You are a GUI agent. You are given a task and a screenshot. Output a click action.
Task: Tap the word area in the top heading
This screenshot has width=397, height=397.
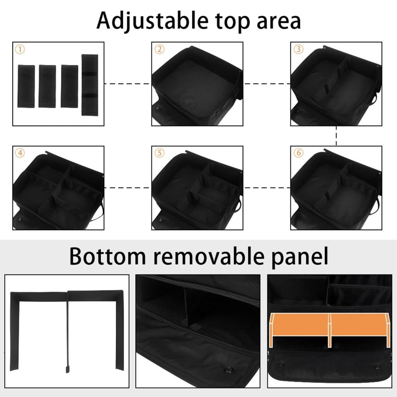(x=279, y=22)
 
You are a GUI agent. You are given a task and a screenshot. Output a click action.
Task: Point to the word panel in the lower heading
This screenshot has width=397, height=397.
(x=300, y=257)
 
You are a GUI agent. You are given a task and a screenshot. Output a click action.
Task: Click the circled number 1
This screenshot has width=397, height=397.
(x=20, y=49)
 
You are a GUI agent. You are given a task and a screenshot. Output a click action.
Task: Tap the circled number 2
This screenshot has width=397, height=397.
(x=159, y=49)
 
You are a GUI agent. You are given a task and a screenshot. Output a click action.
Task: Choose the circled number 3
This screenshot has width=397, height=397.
(x=298, y=49)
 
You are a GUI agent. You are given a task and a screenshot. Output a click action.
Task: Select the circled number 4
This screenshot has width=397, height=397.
(x=20, y=153)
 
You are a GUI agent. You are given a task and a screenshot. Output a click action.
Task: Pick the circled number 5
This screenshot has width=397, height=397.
(x=159, y=153)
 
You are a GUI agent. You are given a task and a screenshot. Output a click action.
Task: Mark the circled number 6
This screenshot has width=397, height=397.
(x=298, y=153)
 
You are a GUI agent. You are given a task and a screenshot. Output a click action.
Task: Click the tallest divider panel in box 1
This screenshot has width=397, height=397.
(x=90, y=85)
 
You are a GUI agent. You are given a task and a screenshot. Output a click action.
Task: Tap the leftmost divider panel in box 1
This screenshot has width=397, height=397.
(x=26, y=86)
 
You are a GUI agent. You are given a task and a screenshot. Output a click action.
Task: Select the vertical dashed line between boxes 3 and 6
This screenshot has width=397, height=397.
(x=336, y=136)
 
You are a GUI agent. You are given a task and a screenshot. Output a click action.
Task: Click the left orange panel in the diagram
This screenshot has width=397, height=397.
(x=300, y=325)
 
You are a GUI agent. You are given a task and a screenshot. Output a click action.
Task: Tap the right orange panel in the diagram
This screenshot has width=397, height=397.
(x=359, y=325)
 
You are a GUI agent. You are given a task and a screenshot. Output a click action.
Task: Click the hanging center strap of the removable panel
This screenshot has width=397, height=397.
(x=68, y=332)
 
